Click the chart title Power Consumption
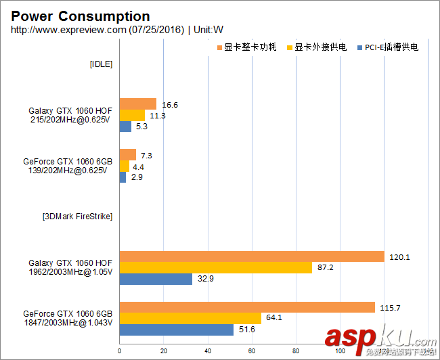81,16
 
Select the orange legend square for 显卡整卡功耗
219,47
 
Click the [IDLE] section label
101,64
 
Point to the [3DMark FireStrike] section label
77,217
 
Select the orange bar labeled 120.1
252,256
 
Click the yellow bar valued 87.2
216,267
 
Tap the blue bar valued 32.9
156,279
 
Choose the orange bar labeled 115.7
247,307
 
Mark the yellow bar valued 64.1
190,318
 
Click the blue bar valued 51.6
177,330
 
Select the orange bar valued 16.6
138,104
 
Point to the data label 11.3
158,116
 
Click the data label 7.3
146,156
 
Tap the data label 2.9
137,177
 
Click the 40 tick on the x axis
208,351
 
